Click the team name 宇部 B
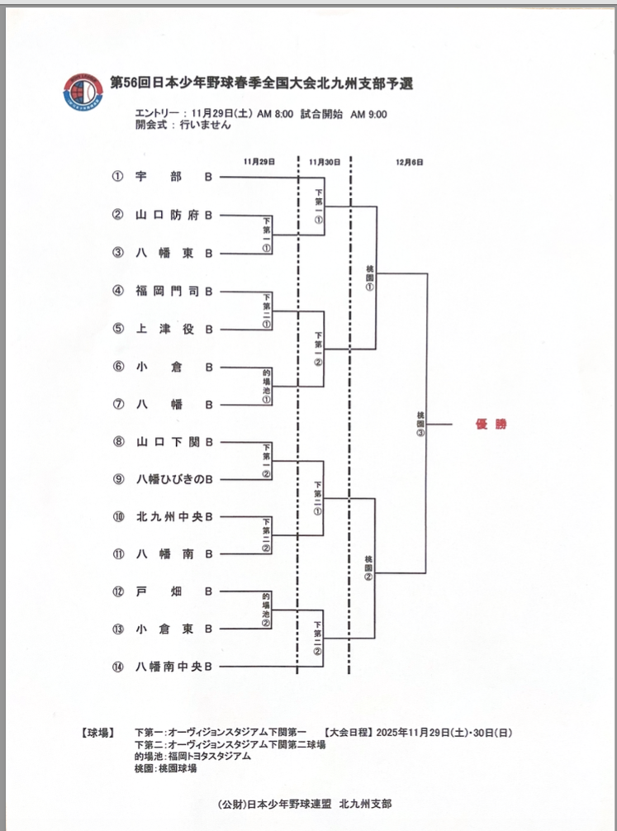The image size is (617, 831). [x=174, y=176]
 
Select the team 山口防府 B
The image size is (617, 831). [x=174, y=215]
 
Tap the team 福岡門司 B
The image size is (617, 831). [x=174, y=291]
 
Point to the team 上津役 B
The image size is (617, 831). [x=174, y=329]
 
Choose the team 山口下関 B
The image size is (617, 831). [x=174, y=442]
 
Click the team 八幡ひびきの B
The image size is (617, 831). [x=174, y=479]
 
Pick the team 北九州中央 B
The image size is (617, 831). [x=174, y=517]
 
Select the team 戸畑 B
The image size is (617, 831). [x=174, y=591]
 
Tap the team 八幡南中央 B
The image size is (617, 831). [x=174, y=667]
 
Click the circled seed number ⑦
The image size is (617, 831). [x=118, y=405]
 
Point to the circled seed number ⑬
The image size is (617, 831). [x=118, y=629]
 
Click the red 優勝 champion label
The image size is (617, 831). [x=491, y=425]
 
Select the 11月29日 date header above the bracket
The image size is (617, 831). [x=259, y=162]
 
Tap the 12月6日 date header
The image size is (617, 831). [x=410, y=162]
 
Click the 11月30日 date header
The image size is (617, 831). [x=324, y=162]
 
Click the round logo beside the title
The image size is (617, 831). [x=85, y=93]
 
